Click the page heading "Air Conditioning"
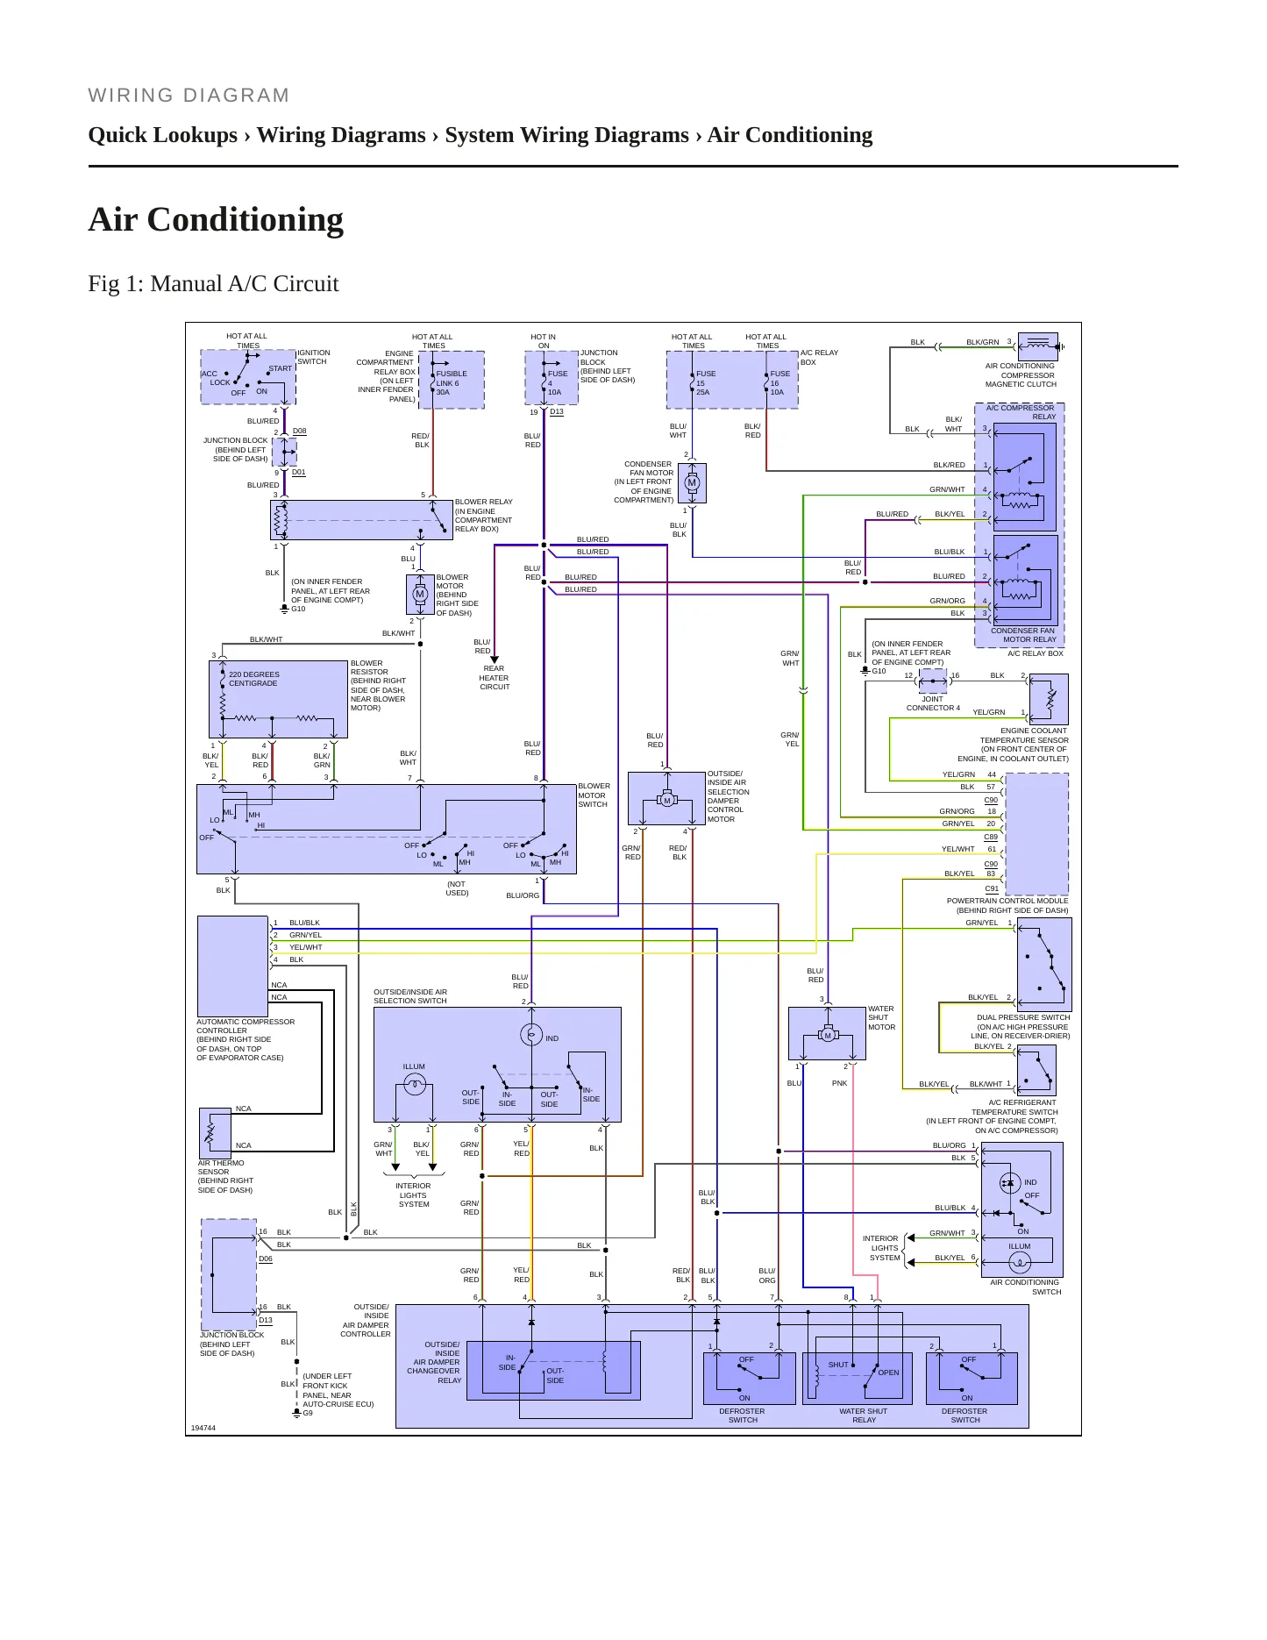point(216,219)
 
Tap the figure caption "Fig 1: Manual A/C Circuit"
point(213,283)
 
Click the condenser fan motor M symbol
point(692,482)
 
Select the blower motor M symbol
point(420,594)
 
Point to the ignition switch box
point(248,377)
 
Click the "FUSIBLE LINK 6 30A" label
point(452,382)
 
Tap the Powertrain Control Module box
point(1036,833)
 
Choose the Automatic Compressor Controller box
point(232,966)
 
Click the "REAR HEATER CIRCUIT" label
point(495,678)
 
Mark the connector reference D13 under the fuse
point(557,411)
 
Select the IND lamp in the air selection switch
point(531,1035)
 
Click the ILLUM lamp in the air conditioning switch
point(1020,1262)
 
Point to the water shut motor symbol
point(827,1035)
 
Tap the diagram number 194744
point(203,1428)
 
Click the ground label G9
point(308,1413)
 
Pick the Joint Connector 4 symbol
point(933,680)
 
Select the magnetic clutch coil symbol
point(1038,346)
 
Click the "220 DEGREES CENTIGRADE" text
point(254,679)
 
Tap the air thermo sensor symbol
point(210,1132)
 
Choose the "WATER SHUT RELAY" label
point(864,1415)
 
